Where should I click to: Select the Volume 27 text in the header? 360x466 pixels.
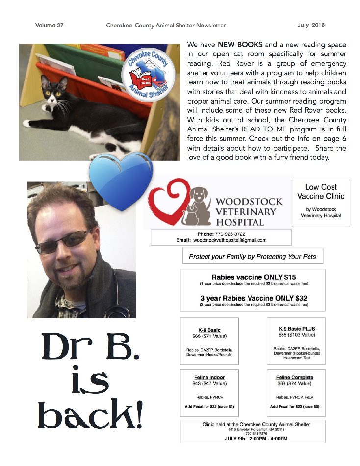(49, 25)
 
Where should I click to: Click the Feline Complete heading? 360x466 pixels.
(294, 377)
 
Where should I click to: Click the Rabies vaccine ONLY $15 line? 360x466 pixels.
(254, 277)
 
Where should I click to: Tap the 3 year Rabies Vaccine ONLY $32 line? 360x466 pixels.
(254, 298)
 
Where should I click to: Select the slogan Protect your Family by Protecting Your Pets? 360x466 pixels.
(253, 256)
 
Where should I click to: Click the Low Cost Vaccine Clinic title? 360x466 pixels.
(321, 192)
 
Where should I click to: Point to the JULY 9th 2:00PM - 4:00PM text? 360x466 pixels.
(253, 439)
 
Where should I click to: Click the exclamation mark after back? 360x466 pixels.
(139, 415)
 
